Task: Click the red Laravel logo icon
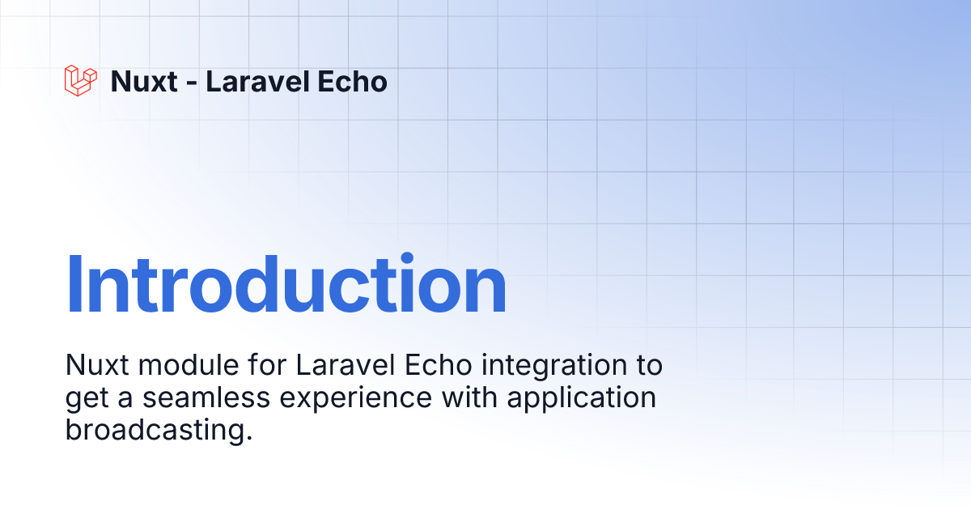[x=81, y=81]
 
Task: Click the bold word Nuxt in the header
[x=144, y=81]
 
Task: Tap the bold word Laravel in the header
[x=257, y=81]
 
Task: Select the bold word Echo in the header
[x=352, y=81]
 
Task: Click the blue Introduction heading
[x=286, y=283]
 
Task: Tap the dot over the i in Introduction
[x=407, y=257]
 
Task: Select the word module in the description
[x=189, y=365]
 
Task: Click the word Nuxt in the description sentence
[x=97, y=365]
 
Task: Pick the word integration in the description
[x=554, y=366]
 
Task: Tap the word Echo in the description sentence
[x=439, y=365]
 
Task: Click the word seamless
[x=206, y=397]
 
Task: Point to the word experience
[x=355, y=399]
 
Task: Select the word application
[x=582, y=398]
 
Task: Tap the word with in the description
[x=469, y=397]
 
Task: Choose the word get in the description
[x=87, y=400]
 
